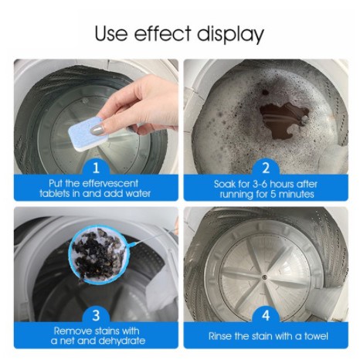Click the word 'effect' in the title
pyautogui.click(x=163, y=33)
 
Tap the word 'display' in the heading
pyautogui.click(x=230, y=34)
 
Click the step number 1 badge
pyautogui.click(x=96, y=168)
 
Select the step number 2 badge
pyautogui.click(x=266, y=168)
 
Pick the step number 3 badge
pyautogui.click(x=96, y=315)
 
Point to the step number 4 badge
pyautogui.click(x=266, y=315)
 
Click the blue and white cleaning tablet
pyautogui.click(x=88, y=134)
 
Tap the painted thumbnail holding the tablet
pyautogui.click(x=97, y=129)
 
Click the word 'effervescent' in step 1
pyautogui.click(x=110, y=183)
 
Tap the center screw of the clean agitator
pyautogui.click(x=264, y=277)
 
